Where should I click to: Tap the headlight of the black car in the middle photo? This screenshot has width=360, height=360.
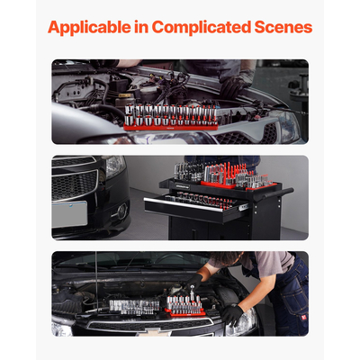point(113,166)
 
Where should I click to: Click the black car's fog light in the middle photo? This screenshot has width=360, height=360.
point(119,211)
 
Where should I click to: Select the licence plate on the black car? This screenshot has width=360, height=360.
point(68,213)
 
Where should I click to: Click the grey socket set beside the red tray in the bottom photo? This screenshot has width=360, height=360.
point(135,306)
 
